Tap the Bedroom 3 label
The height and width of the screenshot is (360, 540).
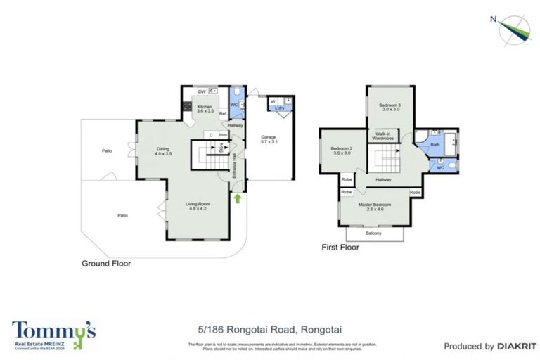(x=391, y=107)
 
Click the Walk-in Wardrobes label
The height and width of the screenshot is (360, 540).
(x=383, y=136)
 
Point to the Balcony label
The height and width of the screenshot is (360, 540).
(x=375, y=232)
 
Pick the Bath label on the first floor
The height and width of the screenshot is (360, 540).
(x=435, y=144)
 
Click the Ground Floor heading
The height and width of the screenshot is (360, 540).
(x=105, y=264)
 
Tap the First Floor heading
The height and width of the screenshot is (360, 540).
(x=340, y=247)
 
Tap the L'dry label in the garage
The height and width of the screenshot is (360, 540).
(x=279, y=108)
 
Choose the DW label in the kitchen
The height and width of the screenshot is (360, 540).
(x=201, y=91)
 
